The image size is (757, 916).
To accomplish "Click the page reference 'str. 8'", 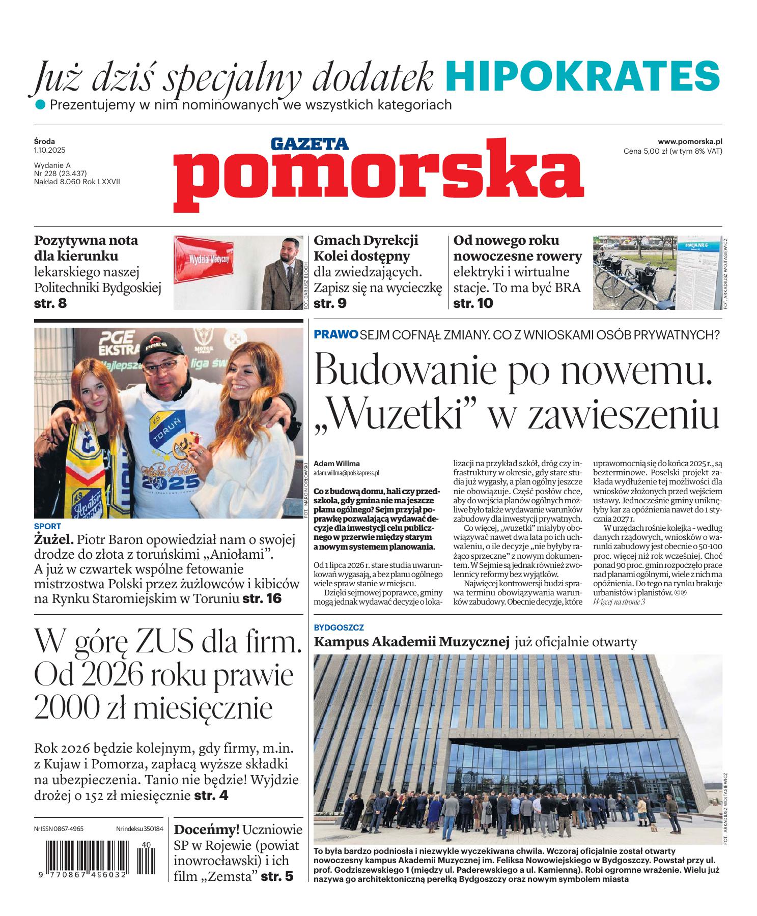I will pos(50,304).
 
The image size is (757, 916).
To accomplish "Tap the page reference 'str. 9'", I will pos(330,304).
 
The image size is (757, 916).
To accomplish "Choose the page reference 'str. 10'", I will pos(473,304).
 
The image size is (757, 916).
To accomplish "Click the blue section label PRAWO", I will pos(336,334).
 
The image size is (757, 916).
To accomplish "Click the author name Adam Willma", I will pos(337,464).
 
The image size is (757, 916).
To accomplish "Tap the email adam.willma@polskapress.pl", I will pos(346,473).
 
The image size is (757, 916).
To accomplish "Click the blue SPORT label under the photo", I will pos(47,526).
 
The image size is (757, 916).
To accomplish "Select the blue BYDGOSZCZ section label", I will pos(339,628).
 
